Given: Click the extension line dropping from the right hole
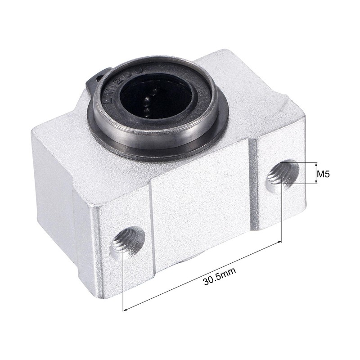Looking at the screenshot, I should point(281,211).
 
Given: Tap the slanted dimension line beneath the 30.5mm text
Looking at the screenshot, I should point(202,275).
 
